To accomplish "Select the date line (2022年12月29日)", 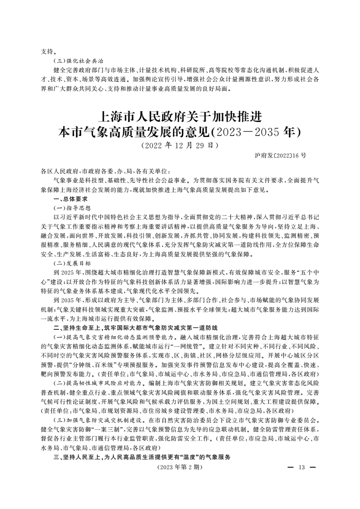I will pyautogui.click(x=180, y=146).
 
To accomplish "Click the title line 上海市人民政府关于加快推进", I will pyautogui.click(x=180, y=116).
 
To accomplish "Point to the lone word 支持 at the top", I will pyautogui.click(x=47, y=52).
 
